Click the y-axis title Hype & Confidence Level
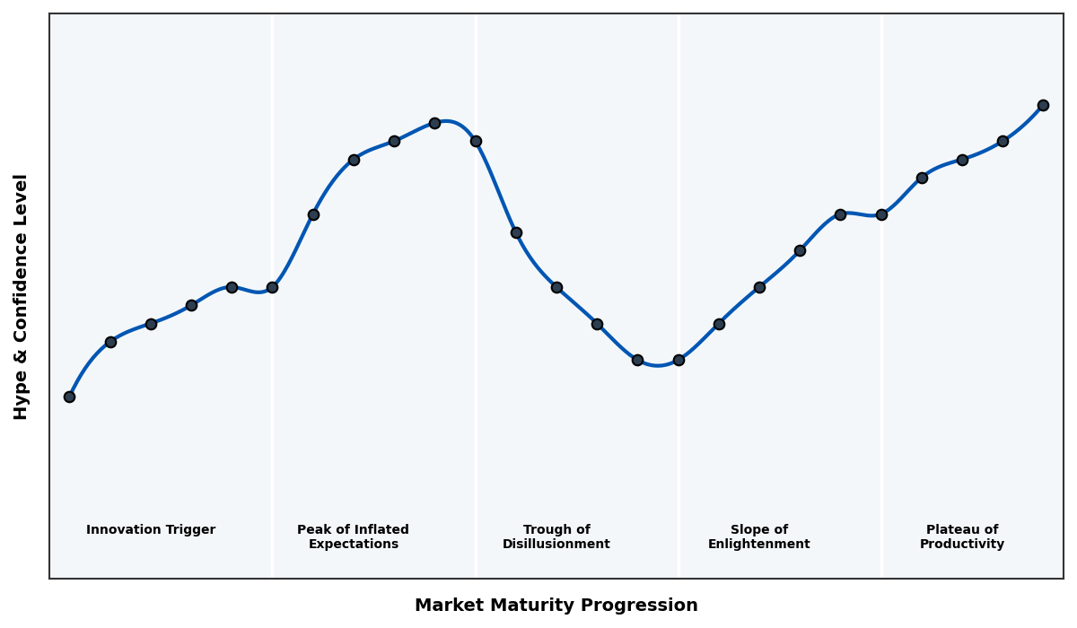(x=22, y=296)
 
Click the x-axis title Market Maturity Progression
(x=556, y=606)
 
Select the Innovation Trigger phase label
(x=151, y=530)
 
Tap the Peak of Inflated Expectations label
(x=353, y=536)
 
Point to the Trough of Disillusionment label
(x=556, y=536)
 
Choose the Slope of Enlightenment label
(x=758, y=536)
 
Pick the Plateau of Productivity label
(x=961, y=536)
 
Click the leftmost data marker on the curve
(x=69, y=397)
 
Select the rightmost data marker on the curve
(x=1043, y=105)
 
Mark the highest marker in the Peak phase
(x=434, y=123)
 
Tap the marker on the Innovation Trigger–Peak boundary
(x=272, y=287)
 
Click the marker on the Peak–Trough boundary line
(x=476, y=141)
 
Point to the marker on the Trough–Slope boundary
(x=679, y=360)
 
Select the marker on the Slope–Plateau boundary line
(x=881, y=214)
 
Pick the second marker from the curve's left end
(x=110, y=342)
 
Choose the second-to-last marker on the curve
(x=1003, y=141)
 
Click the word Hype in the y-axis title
(x=22, y=399)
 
